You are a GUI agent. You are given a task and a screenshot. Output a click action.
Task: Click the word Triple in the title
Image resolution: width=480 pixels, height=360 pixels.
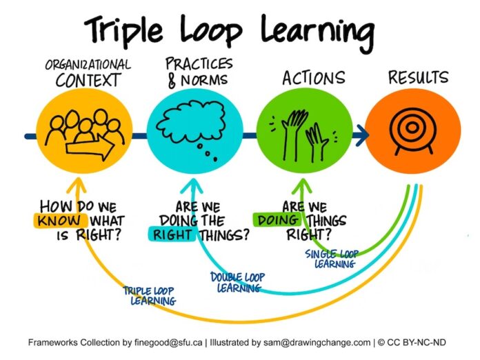coord(123,30)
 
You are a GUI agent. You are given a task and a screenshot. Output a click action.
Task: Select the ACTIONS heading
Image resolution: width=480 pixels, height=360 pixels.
coord(314,78)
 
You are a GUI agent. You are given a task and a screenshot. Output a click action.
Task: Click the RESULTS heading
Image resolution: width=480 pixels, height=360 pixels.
coord(418,77)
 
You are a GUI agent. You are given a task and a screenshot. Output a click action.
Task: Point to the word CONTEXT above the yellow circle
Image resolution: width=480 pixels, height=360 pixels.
coord(88,80)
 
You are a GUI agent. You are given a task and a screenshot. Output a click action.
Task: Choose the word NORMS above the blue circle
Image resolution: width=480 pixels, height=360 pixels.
coord(204,80)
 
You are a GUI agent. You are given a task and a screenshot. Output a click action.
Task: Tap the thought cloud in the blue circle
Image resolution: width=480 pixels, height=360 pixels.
coord(190,122)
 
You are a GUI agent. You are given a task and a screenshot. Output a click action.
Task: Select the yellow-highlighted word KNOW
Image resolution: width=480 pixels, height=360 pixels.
coord(59,221)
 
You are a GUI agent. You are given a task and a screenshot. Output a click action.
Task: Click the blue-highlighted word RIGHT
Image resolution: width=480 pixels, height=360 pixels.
coord(172,234)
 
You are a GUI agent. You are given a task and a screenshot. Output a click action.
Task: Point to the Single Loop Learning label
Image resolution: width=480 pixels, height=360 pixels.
coord(332,259)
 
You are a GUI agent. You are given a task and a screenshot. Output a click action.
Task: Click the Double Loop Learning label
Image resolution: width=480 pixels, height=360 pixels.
coord(237,282)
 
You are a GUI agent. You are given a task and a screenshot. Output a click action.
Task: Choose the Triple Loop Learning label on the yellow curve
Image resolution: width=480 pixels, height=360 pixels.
coord(150,296)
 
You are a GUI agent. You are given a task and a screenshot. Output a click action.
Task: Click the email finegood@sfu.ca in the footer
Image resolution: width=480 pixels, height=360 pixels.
coord(168,342)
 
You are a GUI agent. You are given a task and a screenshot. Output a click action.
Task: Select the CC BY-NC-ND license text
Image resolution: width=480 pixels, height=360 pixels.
coord(416,342)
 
